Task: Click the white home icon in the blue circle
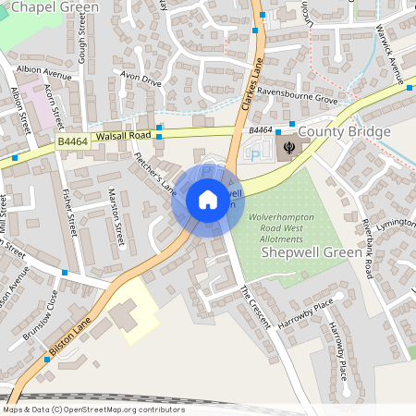(x=207, y=200)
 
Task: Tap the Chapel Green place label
(x=49, y=7)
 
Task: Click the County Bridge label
(x=344, y=132)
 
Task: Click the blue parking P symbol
(x=255, y=155)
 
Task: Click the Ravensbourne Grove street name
(x=299, y=97)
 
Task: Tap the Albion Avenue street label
(x=43, y=73)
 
